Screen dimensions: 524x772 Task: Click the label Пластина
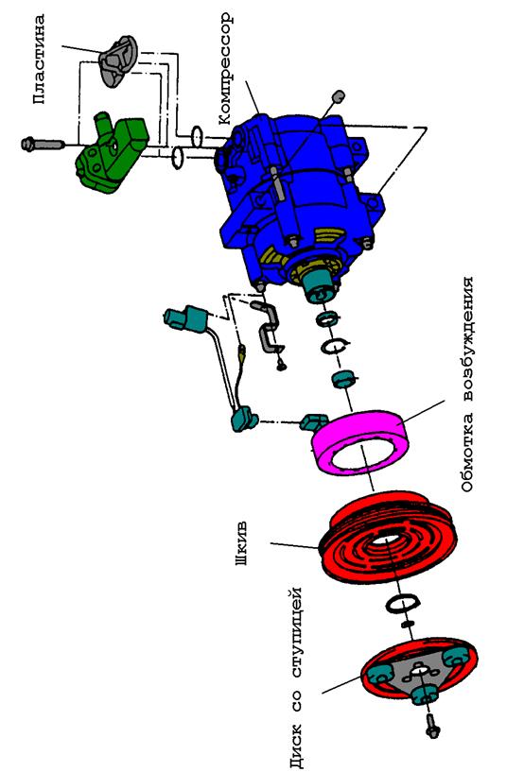coord(40,59)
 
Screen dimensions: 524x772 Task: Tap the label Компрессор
coord(224,68)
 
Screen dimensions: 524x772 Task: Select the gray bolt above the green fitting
coord(43,144)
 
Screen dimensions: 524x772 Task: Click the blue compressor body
coord(296,197)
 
